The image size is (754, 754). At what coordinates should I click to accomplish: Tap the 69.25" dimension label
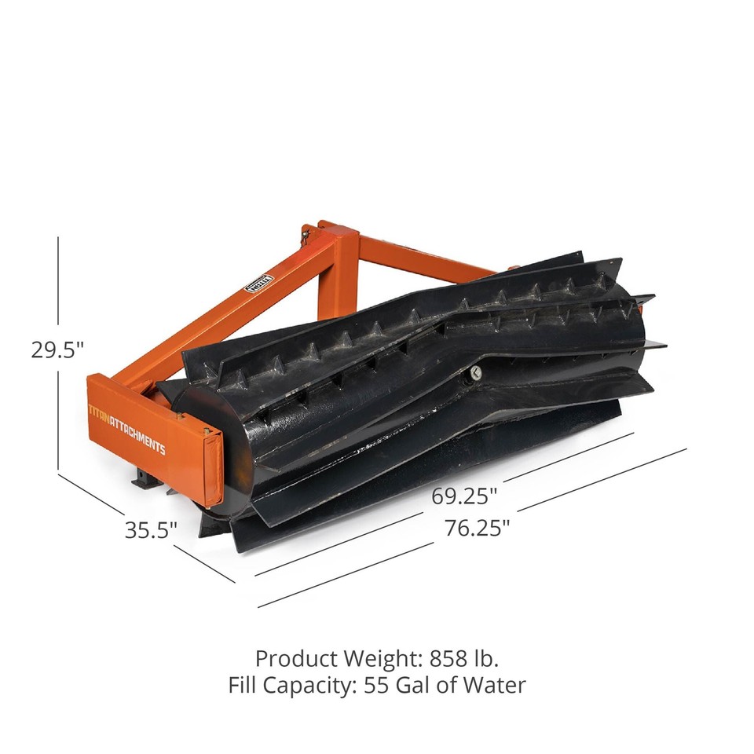point(464,496)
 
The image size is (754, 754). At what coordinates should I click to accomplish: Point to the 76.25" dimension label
point(477,528)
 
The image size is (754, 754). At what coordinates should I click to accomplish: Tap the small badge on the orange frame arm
point(260,282)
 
